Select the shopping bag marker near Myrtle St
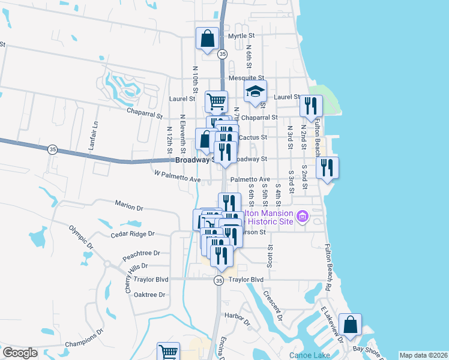[x=207, y=39]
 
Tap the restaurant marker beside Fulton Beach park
[x=311, y=106]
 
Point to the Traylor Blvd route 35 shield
[x=219, y=280]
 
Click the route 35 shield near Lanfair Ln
[x=53, y=149]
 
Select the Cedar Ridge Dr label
[x=133, y=233]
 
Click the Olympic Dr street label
[x=82, y=237]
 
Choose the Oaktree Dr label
[x=149, y=295]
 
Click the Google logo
[x=20, y=353]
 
